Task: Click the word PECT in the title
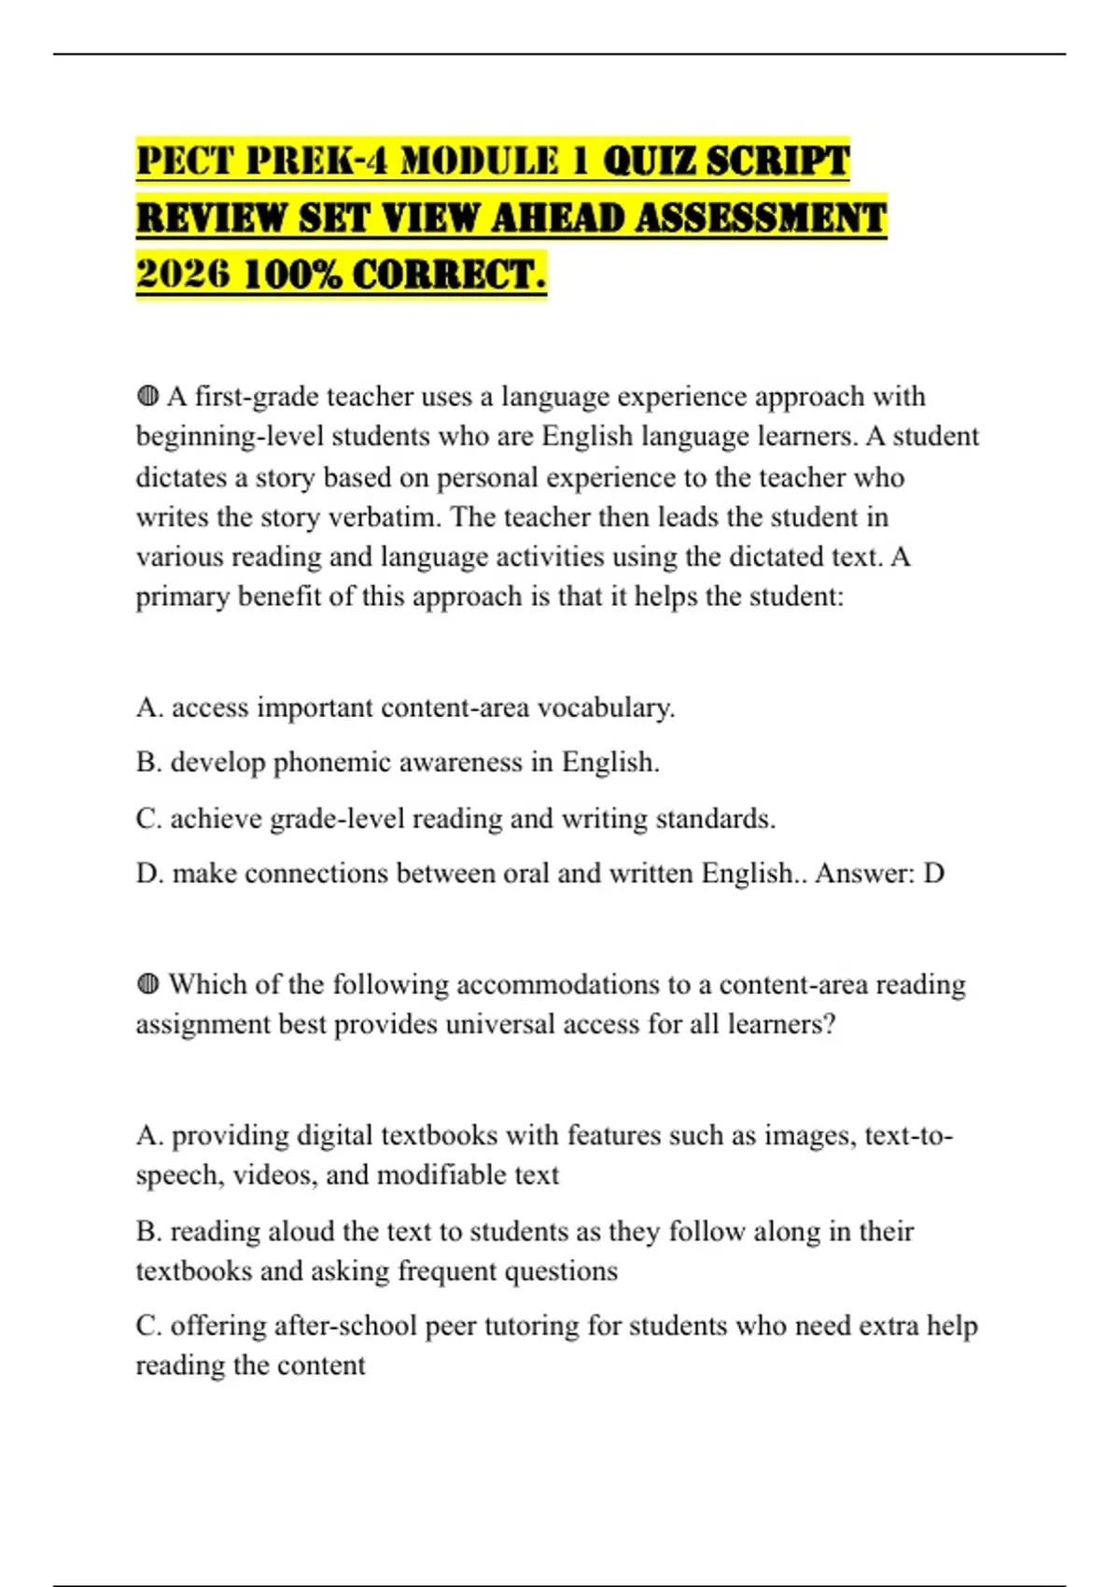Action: [184, 161]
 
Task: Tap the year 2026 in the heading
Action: [183, 274]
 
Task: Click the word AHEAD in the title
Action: [557, 218]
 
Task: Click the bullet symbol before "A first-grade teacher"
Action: [147, 397]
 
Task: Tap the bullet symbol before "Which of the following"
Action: [147, 984]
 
